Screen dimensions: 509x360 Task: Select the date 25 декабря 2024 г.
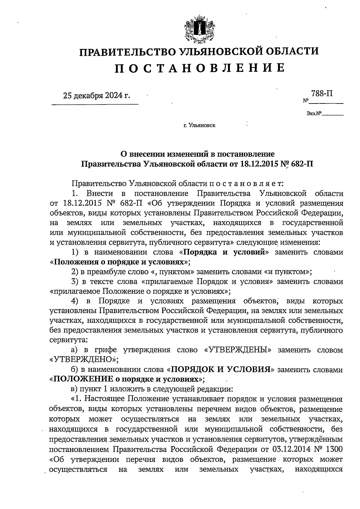point(97,96)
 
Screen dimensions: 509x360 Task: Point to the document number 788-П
point(322,93)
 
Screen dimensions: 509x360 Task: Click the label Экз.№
point(314,114)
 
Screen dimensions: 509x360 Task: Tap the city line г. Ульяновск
point(199,125)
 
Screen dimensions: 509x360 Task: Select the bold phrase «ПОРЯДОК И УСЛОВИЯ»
point(220,369)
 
